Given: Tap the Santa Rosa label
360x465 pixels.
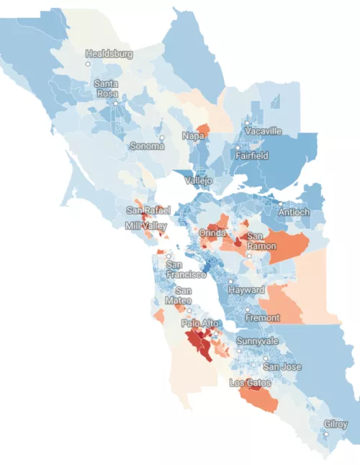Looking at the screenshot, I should (107, 89).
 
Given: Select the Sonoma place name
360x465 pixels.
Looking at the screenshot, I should (147, 145).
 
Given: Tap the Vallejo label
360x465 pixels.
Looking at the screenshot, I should (199, 180).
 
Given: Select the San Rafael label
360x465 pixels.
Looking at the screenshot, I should (148, 210).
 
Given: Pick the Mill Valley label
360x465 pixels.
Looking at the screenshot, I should (144, 225).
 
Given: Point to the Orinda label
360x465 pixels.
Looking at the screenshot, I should (213, 233).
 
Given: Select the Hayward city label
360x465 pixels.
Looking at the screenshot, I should (246, 289).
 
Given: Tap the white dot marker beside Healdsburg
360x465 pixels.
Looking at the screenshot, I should (89, 64).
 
